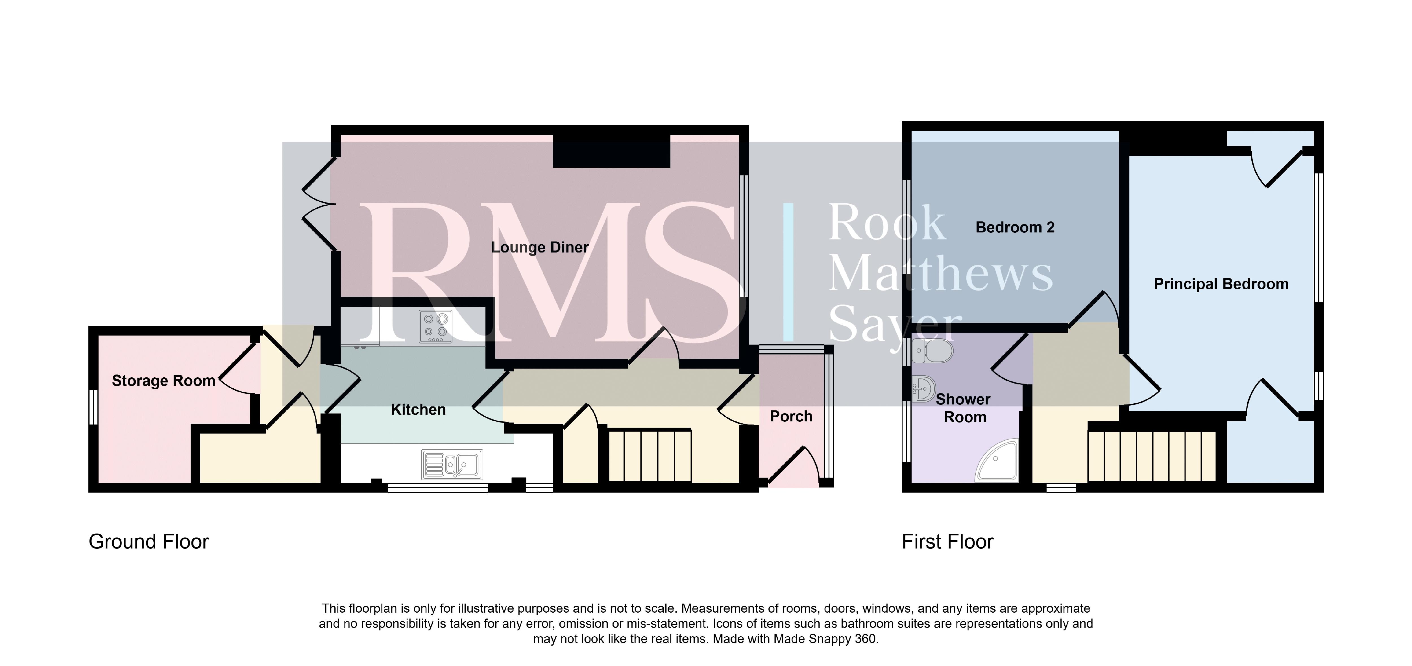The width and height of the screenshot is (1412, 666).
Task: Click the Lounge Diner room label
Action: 539,248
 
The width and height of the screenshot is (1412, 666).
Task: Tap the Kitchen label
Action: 418,410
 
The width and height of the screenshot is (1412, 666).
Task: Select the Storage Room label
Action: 163,381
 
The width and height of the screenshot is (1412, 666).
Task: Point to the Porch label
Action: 791,417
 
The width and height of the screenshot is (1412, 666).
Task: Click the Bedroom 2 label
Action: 1015,227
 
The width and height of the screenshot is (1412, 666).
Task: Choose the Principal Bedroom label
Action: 1221,284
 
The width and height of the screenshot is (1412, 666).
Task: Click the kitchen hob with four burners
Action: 436,327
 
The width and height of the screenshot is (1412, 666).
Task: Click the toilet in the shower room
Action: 932,351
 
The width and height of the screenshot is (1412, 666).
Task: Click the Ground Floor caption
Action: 149,542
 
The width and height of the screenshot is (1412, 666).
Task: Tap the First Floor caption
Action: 948,542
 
